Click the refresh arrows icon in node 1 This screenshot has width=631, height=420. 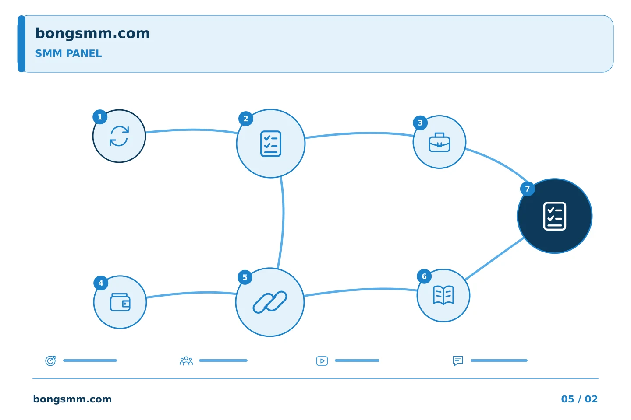point(119,136)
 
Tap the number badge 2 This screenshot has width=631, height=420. point(246,119)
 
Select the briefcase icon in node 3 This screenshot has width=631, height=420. point(440,142)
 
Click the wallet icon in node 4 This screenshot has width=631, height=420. point(120,302)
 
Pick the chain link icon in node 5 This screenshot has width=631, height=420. point(270,302)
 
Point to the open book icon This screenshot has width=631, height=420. point(443,295)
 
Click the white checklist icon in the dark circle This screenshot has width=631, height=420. point(555,216)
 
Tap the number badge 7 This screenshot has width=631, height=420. point(527,189)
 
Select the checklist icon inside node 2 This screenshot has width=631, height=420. point(271,143)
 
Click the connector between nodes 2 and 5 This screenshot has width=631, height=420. point(283,222)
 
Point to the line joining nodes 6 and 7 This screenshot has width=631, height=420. point(494,259)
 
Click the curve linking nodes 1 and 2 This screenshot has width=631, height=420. point(191,130)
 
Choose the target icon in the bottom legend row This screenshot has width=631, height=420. point(51,360)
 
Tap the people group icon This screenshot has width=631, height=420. point(186,361)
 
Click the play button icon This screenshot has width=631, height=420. point(322,361)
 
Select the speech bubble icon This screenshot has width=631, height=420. point(458,361)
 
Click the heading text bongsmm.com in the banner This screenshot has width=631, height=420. point(92,34)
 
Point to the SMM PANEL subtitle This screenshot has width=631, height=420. point(68,53)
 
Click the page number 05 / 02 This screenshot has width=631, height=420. point(579,399)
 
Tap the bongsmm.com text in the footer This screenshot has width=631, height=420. point(72,399)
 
